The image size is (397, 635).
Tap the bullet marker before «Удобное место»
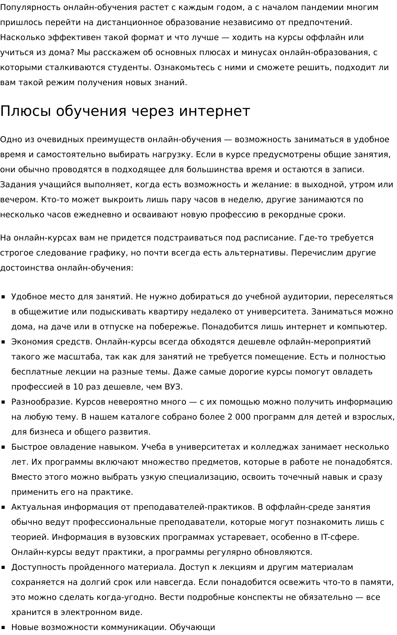tap(3, 297)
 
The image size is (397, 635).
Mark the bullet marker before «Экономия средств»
tap(3, 342)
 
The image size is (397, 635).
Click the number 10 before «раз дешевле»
tap(78, 387)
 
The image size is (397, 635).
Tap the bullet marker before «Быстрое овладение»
tap(3, 447)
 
